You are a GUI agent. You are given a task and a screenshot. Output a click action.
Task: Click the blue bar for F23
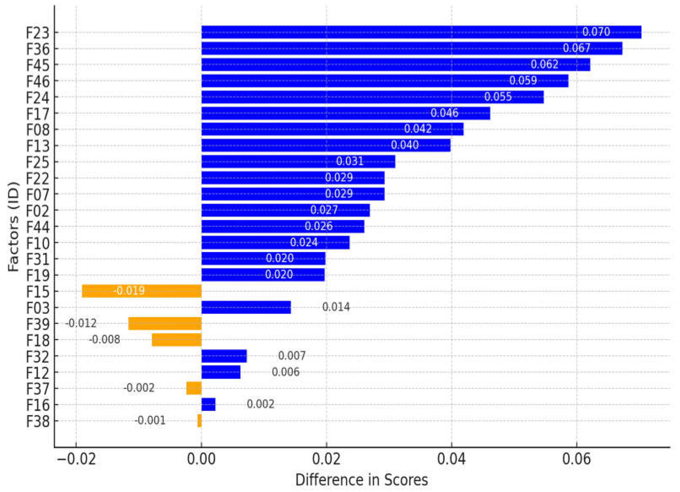[421, 32]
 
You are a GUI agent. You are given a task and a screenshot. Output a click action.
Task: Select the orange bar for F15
[142, 291]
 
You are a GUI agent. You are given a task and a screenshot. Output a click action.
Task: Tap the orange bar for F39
[165, 324]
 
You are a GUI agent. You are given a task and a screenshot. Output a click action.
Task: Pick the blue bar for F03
[246, 307]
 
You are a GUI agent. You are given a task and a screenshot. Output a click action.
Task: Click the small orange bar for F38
[199, 421]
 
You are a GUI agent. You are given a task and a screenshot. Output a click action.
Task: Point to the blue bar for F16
[208, 404]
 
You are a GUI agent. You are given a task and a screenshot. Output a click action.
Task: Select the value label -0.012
[81, 323]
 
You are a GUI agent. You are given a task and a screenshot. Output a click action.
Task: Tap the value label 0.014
[336, 307]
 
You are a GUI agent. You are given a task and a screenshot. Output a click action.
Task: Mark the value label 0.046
[444, 113]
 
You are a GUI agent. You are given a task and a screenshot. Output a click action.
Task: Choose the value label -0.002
[139, 388]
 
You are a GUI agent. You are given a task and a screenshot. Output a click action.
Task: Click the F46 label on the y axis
[38, 81]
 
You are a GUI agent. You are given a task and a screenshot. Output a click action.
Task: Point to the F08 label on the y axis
[38, 130]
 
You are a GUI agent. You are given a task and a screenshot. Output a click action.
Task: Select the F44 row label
[38, 227]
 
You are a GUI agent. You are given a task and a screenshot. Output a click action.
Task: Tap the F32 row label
[38, 356]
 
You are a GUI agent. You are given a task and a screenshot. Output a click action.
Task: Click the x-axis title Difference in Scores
[361, 480]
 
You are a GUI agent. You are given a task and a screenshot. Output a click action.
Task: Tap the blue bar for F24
[372, 97]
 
